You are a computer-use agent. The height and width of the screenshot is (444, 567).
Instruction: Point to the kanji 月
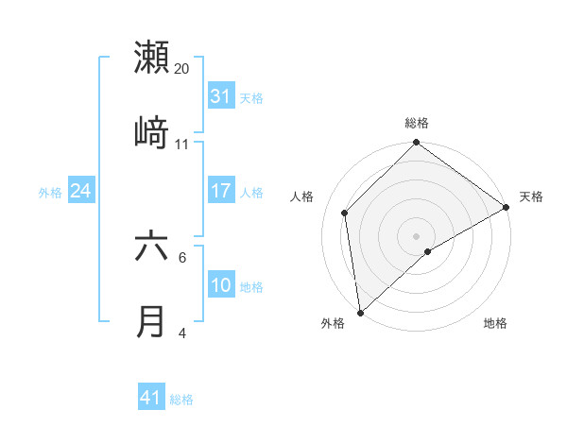[x=152, y=321]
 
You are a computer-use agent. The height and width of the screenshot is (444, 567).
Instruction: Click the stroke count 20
[x=182, y=69]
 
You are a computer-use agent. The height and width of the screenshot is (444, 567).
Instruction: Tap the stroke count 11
[x=182, y=145]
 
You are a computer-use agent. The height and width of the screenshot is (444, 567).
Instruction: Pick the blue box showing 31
[x=221, y=96]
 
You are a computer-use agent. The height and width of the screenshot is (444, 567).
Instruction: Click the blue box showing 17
[x=221, y=191]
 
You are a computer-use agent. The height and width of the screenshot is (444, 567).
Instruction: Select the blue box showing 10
[x=221, y=285]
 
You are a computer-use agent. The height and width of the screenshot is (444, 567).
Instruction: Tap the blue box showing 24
[x=80, y=191]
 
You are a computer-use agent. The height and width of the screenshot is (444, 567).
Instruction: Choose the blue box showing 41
[x=151, y=398]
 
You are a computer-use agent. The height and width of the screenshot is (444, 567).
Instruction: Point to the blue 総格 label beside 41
[x=181, y=400]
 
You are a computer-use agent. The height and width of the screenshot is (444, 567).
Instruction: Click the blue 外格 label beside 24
[x=50, y=192]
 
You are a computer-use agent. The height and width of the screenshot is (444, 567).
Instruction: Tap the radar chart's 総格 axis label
[x=417, y=123]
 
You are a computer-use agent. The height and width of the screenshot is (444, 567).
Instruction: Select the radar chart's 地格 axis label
[x=495, y=324]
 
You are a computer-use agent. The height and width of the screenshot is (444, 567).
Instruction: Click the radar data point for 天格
[x=507, y=207]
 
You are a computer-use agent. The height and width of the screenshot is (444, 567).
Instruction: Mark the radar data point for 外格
[x=360, y=313]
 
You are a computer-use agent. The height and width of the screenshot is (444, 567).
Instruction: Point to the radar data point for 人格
[x=345, y=213]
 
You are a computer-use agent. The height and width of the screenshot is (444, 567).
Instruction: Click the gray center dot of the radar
[x=416, y=235]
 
